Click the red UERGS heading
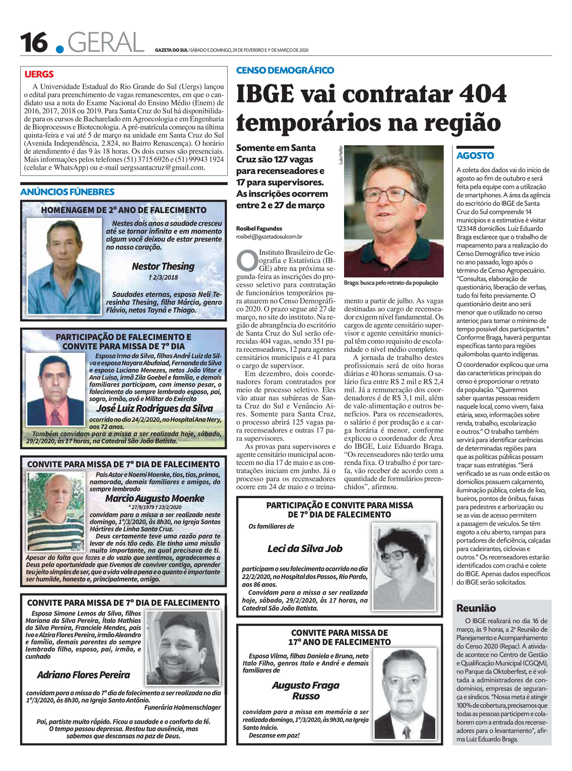[39, 74]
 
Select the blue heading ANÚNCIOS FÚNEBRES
[67, 192]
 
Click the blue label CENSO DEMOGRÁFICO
[285, 70]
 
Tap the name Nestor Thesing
[163, 266]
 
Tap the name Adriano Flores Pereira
[83, 675]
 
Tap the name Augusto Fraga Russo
[306, 690]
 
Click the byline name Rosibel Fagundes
[259, 228]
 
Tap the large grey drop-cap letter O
[247, 260]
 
